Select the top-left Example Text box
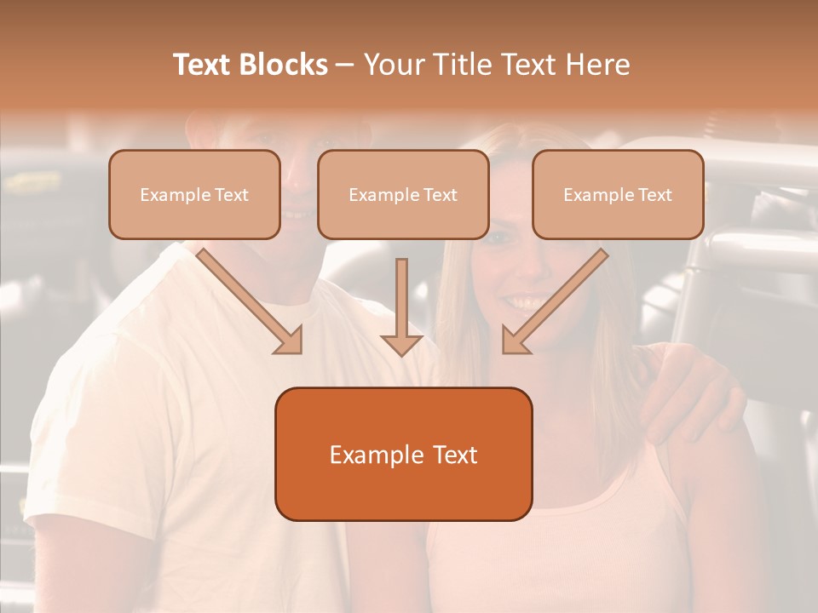point(194,194)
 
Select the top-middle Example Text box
point(403,194)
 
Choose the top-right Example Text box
point(618,194)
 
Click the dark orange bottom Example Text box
point(403,454)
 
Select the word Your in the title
point(390,65)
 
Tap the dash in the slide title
point(345,65)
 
